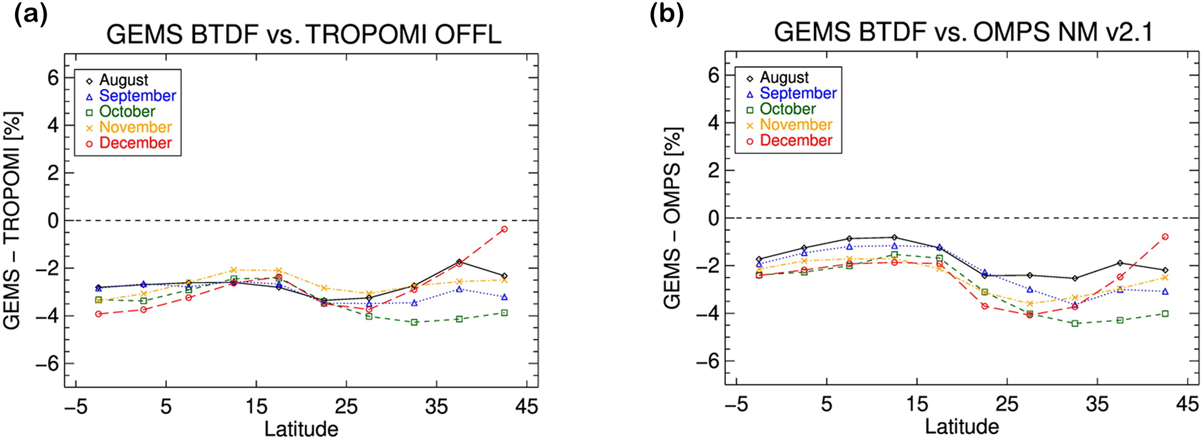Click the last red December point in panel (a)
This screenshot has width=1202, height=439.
click(504, 229)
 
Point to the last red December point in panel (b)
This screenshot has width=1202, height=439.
click(1165, 237)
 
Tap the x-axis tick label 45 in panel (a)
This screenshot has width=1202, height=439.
click(526, 406)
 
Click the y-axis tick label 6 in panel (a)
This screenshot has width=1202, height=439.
click(53, 77)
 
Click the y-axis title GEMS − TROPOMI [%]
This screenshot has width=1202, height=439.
click(13, 221)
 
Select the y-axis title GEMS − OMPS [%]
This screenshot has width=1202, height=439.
click(673, 218)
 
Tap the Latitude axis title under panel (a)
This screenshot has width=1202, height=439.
click(301, 429)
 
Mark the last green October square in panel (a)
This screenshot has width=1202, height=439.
click(504, 313)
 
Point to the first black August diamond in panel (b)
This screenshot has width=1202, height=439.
click(759, 259)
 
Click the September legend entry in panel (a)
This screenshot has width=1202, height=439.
click(137, 96)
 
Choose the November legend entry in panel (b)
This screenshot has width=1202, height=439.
click(796, 125)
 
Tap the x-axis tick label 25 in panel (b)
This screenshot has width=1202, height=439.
click(1007, 404)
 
